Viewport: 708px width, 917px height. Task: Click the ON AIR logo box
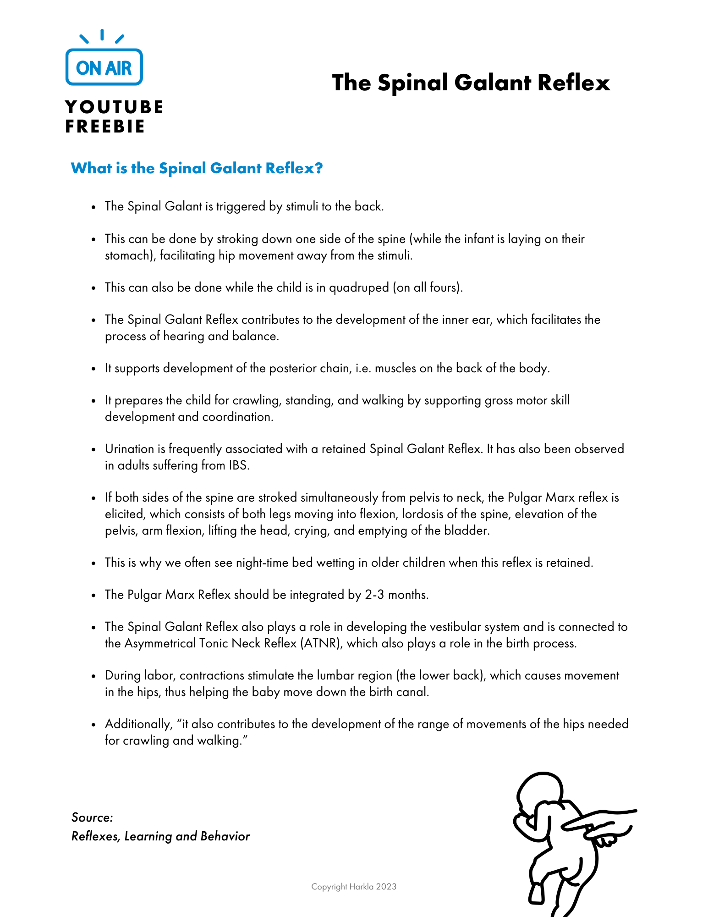(104, 67)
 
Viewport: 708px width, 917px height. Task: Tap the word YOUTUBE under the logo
(114, 107)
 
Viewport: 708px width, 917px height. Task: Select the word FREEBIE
(105, 127)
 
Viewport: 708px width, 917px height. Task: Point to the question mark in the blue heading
(319, 168)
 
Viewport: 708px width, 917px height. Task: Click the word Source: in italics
(92, 818)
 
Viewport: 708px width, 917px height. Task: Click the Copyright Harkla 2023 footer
(354, 887)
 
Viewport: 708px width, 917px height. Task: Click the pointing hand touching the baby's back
(605, 825)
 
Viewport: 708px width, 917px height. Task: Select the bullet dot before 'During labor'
(93, 676)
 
